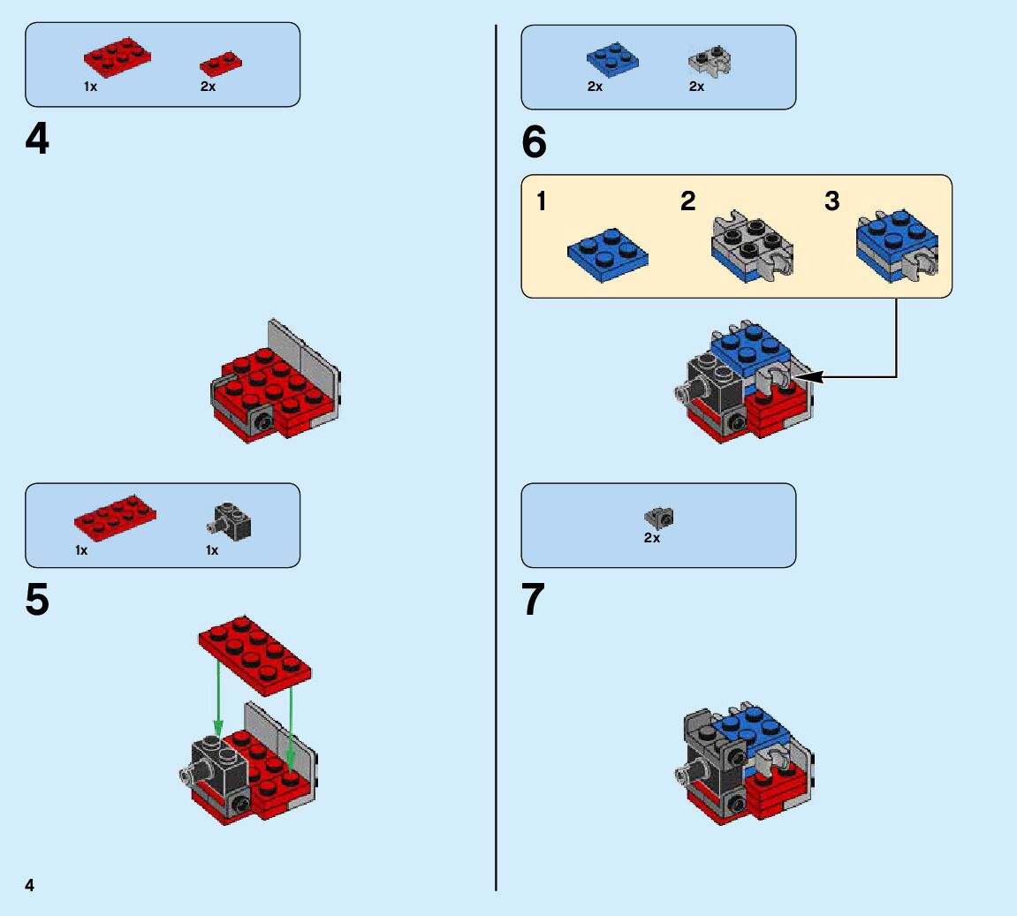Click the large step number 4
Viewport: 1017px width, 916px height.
tap(37, 140)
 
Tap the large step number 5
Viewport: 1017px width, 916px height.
tap(37, 602)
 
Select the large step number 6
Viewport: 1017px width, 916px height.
tap(535, 143)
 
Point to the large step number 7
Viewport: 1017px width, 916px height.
tap(534, 602)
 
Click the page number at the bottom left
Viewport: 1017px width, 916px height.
tap(30, 885)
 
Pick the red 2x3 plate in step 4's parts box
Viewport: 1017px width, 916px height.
tap(118, 57)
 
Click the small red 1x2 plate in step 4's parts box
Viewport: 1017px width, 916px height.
tap(221, 64)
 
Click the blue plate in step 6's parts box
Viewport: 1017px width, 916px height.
tap(612, 60)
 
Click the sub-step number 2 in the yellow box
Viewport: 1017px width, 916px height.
tap(688, 202)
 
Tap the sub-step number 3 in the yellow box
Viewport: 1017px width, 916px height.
tap(831, 202)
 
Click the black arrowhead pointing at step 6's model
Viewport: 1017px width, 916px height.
tap(810, 377)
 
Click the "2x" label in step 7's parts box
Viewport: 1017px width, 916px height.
tap(652, 537)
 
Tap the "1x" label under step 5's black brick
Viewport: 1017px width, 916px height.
tap(212, 550)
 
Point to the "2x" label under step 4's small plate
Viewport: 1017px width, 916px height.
tap(208, 87)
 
